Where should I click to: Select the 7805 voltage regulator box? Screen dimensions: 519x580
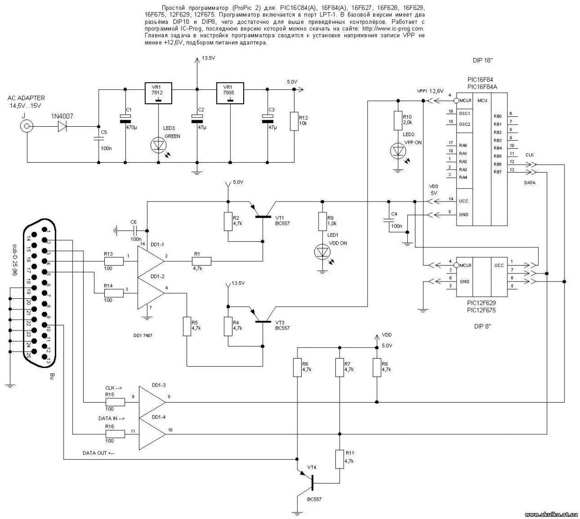(230, 93)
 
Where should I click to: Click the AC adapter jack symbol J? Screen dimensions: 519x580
(27, 126)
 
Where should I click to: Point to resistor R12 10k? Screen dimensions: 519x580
(293, 121)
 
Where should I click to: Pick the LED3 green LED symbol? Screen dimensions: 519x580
(158, 145)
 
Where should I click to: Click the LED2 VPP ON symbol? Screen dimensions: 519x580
(398, 151)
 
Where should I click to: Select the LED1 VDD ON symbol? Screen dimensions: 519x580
(322, 252)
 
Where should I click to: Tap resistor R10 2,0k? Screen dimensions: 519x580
(398, 119)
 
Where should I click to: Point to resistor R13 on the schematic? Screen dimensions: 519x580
(114, 261)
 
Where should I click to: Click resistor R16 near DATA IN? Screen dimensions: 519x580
(115, 434)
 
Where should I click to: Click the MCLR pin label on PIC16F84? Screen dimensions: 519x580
(465, 101)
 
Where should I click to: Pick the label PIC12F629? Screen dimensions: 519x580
(481, 303)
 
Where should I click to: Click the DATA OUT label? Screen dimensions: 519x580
(98, 453)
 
